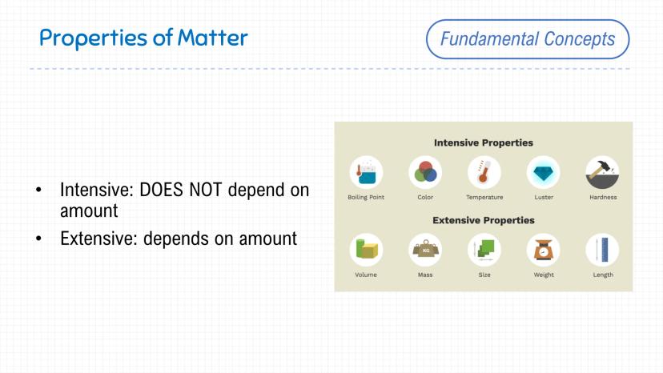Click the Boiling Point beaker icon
366,173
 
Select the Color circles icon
425,173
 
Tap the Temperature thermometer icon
484,173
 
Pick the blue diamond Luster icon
544,173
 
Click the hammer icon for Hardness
602,173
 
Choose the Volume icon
366,250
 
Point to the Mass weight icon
425,250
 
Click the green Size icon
484,250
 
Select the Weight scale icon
544,250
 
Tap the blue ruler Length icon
602,250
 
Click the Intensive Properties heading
484,143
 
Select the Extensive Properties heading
484,220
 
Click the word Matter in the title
213,38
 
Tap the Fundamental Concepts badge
528,39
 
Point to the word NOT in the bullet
206,191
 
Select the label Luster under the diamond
544,197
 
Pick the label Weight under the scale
544,275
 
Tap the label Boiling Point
366,198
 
